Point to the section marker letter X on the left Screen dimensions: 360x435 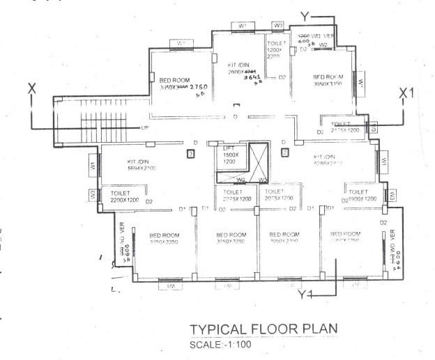click(x=31, y=88)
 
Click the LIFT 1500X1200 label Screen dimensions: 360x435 click(x=229, y=155)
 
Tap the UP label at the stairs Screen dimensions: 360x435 click(x=145, y=128)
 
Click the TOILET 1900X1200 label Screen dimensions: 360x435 click(x=362, y=195)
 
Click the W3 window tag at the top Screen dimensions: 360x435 click(x=277, y=26)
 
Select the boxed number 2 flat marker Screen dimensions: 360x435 click(x=284, y=152)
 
